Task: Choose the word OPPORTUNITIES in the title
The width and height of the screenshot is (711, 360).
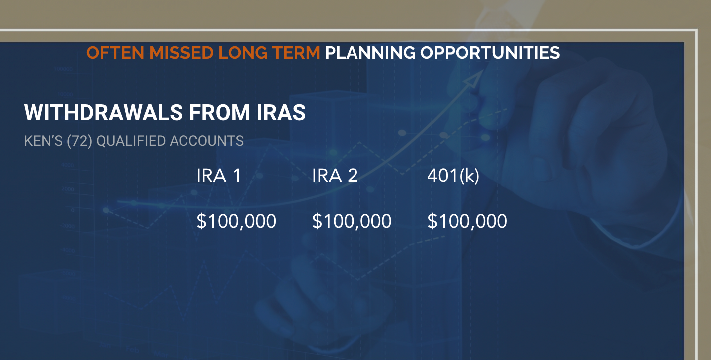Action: [x=490, y=53]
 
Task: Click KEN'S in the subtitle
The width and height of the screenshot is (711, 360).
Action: [x=43, y=141]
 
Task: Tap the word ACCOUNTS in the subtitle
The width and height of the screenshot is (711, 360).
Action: [x=206, y=141]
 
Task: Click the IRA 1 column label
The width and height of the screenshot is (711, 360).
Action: [x=219, y=176]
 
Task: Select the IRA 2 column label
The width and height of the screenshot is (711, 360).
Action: [x=335, y=176]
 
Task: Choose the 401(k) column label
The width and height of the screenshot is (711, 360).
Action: [x=453, y=176]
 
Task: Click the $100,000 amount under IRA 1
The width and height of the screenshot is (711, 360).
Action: [x=236, y=221]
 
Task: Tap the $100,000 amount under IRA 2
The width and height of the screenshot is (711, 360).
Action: [x=352, y=221]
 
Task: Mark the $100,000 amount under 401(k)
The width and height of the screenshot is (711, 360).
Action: [x=467, y=221]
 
